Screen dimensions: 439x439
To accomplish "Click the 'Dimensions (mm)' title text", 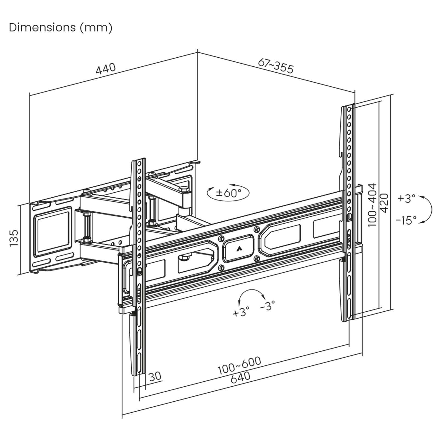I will pos(61,27).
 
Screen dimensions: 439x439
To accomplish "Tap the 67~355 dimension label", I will pos(276,65).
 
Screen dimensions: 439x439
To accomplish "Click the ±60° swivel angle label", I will pos(228,193).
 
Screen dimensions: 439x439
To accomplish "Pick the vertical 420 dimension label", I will pos(384,203).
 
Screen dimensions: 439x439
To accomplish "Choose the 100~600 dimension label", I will pos(239,366).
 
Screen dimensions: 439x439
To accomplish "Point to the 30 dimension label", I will pos(155,376).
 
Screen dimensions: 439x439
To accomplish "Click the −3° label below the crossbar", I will pos(267,305).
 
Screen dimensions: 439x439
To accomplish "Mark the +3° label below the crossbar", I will pos(241,312).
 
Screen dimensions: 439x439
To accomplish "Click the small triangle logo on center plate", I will pos(238,249).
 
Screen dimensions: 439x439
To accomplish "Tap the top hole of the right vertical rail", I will pos(349,109).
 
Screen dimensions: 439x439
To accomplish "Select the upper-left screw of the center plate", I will pos(221,239).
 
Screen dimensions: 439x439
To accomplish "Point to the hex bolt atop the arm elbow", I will pos(183,190).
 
